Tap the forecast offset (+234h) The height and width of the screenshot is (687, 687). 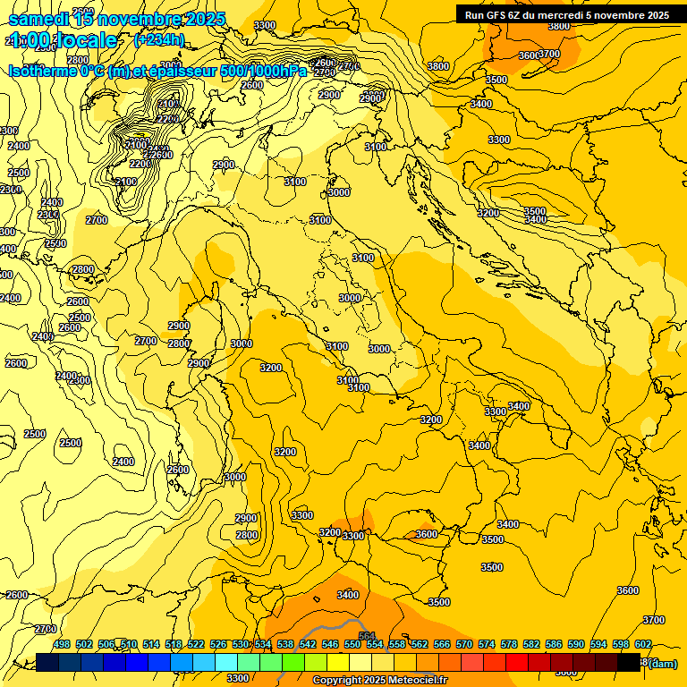(x=158, y=39)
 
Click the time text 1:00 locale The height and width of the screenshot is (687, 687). (x=64, y=40)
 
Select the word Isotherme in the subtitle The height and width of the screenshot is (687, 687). (x=44, y=71)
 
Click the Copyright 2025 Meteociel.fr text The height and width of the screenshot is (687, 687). (x=379, y=681)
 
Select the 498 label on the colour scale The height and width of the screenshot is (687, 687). (x=61, y=644)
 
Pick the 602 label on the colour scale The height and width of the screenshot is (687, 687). (x=642, y=644)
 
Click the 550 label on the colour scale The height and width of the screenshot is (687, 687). (x=352, y=644)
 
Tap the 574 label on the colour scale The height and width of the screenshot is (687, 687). (x=486, y=644)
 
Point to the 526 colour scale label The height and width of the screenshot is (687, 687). (x=217, y=644)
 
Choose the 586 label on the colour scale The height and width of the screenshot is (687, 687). (x=553, y=644)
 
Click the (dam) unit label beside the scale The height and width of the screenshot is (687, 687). (x=662, y=663)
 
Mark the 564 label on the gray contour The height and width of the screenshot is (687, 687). (x=367, y=637)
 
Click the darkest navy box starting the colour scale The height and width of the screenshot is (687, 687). (x=47, y=662)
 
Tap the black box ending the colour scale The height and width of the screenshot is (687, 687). (x=629, y=662)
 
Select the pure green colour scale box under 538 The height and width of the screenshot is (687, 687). (x=293, y=662)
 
